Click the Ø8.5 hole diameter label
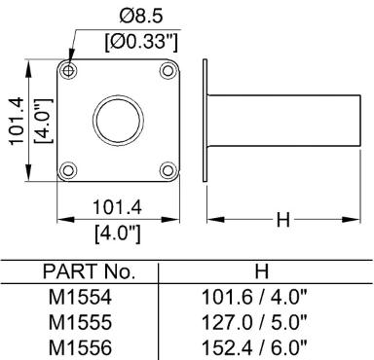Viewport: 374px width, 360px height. tap(140, 17)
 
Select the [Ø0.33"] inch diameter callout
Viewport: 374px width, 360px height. tap(141, 42)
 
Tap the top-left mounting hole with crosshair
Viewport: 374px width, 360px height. tap(68, 70)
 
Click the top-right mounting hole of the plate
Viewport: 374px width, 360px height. tap(168, 70)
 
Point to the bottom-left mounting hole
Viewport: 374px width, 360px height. tap(68, 170)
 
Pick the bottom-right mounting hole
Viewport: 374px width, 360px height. tap(168, 170)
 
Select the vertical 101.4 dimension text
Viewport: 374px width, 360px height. tap(17, 121)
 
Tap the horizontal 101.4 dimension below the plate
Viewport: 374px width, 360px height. tap(117, 207)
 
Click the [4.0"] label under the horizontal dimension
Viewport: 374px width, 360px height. tap(118, 234)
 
